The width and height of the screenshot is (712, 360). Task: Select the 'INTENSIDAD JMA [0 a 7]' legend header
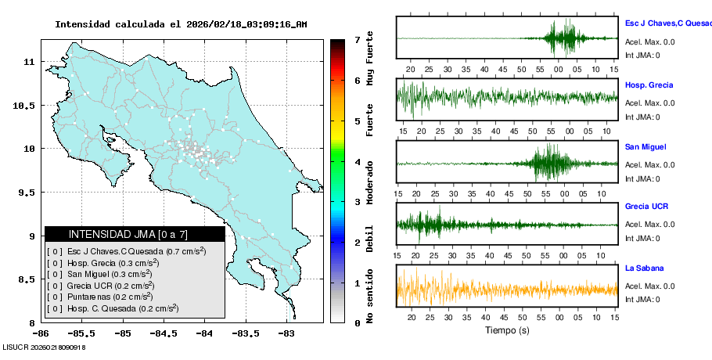(x=135, y=234)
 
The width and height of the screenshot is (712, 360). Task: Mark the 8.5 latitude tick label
(x=29, y=279)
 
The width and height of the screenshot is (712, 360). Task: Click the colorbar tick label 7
(x=357, y=39)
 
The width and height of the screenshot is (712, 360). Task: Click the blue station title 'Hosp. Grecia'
(x=649, y=85)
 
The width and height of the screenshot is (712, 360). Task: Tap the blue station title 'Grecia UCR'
(x=646, y=207)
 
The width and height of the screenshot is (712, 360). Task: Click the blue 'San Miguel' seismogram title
(x=645, y=146)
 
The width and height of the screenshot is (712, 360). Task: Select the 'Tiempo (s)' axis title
(x=507, y=331)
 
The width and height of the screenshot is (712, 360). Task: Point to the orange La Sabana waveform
(x=506, y=286)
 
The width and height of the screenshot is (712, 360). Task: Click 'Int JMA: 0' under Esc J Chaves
(x=642, y=55)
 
